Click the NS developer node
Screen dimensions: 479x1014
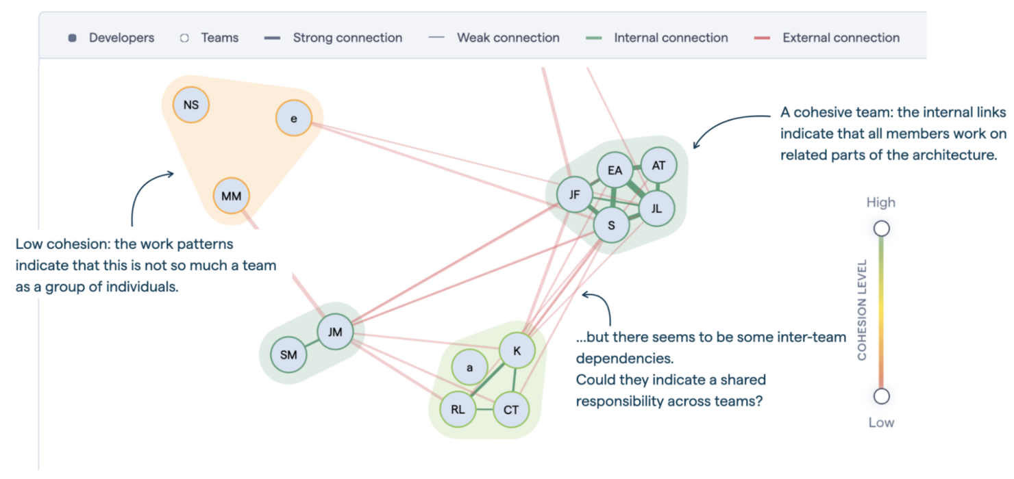[x=191, y=105]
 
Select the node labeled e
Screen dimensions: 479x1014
[x=294, y=118]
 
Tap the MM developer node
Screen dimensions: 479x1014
[x=232, y=196]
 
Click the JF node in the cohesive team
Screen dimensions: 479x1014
[x=574, y=196]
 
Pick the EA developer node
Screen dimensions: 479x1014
[x=615, y=170]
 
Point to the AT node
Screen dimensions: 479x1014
[x=658, y=166]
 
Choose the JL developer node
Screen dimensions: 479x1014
[x=656, y=209]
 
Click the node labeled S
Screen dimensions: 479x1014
[x=611, y=225]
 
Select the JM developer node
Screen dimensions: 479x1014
[x=335, y=333]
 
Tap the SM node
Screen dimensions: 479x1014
[x=288, y=354]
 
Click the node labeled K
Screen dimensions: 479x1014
[x=517, y=351]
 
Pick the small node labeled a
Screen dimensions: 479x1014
[x=469, y=367]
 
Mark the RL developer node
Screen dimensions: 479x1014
[x=458, y=410]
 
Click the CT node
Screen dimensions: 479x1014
[x=511, y=410]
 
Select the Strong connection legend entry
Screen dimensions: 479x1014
[x=334, y=38]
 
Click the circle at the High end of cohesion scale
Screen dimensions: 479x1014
[x=882, y=229]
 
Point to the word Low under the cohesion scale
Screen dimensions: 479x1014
[x=881, y=422]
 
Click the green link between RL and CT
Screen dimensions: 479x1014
[x=484, y=410]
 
